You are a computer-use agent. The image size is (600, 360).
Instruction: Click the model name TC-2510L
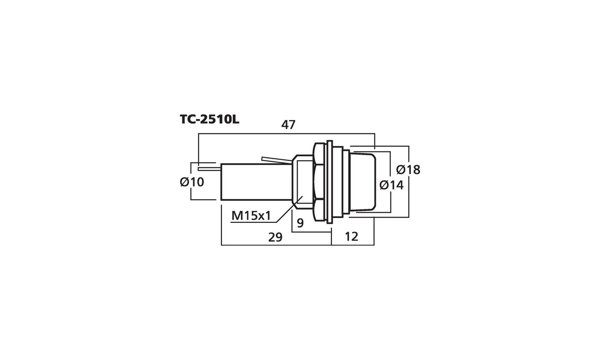coord(210,120)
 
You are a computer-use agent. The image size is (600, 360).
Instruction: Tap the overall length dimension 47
coord(288,125)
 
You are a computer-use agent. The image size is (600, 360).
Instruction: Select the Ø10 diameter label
coord(192,182)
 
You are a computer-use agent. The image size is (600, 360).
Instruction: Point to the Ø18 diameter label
coord(408,170)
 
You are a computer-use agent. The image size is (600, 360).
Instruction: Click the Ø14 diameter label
coord(392,185)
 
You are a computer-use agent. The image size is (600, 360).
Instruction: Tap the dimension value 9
coord(300,223)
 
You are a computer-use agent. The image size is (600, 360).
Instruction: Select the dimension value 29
coord(275,237)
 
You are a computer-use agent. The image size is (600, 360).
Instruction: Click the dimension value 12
coord(352,236)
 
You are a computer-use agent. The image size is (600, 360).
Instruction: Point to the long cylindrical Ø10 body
coord(257,182)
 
